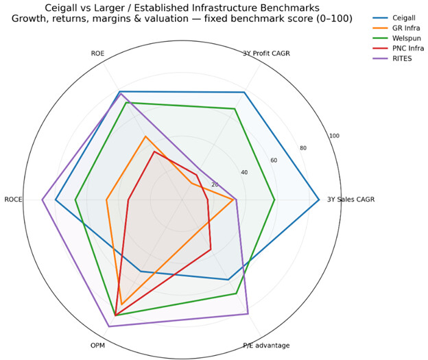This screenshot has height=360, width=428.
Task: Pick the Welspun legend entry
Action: tap(397, 38)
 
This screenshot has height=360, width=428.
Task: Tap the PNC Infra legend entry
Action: tap(399, 48)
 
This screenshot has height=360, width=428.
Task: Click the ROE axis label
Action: tap(97, 53)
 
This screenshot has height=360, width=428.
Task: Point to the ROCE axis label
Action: tap(13, 200)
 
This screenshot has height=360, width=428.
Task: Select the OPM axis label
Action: tap(97, 346)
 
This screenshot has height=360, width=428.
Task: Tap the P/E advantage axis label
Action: tap(266, 346)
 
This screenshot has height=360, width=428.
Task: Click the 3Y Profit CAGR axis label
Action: tap(266, 53)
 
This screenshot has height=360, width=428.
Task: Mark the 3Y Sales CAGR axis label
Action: tap(351, 200)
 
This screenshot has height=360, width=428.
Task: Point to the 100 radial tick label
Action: tap(334, 136)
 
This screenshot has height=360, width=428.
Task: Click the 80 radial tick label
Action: tap(303, 148)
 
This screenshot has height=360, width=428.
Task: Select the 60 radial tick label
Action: tap(274, 160)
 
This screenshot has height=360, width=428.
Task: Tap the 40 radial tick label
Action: tap(244, 172)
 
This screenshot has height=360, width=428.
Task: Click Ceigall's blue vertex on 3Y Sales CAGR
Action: tap(319, 200)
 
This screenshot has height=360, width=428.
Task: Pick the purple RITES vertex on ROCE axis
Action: tap(42, 200)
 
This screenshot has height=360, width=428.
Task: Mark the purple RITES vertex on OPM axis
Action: tap(109, 326)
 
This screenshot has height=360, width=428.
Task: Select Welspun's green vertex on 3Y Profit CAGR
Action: tap(235, 108)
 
